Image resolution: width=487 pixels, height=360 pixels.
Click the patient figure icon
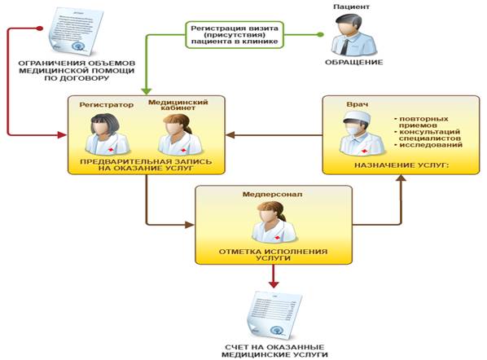pyautogui.click(x=353, y=34)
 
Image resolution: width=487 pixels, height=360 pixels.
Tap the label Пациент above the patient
pyautogui.click(x=352, y=7)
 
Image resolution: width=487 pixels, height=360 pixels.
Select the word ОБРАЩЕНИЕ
pyautogui.click(x=353, y=62)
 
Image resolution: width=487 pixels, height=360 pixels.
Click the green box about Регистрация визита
pyautogui.click(x=235, y=35)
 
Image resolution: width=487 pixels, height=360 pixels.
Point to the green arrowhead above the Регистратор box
pyautogui.click(x=147, y=90)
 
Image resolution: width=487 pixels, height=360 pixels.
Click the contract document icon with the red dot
pyautogui.click(x=76, y=31)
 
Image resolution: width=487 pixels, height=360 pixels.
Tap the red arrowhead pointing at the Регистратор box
pyautogui.click(x=63, y=135)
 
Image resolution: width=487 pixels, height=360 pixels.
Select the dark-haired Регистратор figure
pyautogui.click(x=107, y=134)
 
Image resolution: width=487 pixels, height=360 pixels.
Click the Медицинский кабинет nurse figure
pyautogui.click(x=179, y=134)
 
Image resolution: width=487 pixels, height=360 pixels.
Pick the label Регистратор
pyautogui.click(x=106, y=105)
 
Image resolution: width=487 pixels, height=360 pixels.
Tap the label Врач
pyautogui.click(x=358, y=104)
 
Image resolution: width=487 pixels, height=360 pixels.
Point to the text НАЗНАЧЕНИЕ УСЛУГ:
pyautogui.click(x=401, y=165)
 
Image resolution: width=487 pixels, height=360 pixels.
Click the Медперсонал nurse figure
pyautogui.click(x=274, y=222)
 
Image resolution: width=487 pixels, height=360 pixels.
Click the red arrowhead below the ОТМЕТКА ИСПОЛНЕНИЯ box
pyautogui.click(x=274, y=283)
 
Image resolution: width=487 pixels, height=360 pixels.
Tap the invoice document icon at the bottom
pyautogui.click(x=275, y=315)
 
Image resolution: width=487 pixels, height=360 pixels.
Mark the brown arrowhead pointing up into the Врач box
pyautogui.click(x=401, y=178)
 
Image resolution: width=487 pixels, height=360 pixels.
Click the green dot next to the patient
pyautogui.click(x=320, y=34)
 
